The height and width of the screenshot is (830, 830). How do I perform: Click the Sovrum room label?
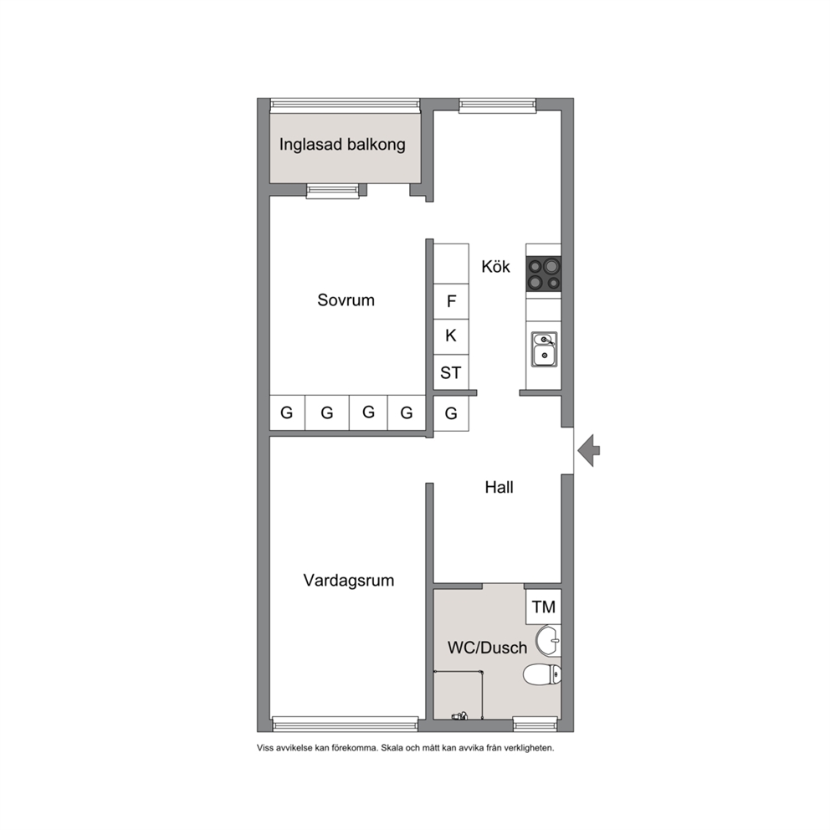[346, 300]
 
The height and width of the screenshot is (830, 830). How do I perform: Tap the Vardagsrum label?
[349, 581]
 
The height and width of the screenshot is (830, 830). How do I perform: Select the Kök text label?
[495, 266]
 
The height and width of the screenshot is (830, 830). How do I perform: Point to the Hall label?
[500, 487]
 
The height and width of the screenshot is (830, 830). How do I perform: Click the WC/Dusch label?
[488, 648]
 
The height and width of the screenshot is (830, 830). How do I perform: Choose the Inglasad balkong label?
[342, 145]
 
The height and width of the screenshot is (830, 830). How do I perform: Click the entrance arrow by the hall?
[589, 450]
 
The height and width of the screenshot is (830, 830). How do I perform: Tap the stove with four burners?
[544, 274]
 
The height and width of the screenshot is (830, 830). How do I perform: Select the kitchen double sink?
[544, 350]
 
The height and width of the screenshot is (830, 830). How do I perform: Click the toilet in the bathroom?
[542, 675]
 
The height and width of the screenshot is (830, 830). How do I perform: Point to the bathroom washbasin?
[548, 641]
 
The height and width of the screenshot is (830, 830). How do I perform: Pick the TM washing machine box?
[544, 607]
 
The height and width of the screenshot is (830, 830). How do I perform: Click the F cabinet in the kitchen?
[451, 301]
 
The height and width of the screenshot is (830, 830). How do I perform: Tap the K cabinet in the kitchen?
[451, 336]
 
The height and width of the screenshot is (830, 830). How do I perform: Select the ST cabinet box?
[451, 372]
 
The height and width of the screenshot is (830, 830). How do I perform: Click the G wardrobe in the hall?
[451, 413]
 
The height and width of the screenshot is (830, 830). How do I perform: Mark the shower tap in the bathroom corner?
[459, 716]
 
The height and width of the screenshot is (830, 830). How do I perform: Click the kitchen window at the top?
[498, 105]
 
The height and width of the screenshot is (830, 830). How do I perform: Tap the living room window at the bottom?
[345, 724]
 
